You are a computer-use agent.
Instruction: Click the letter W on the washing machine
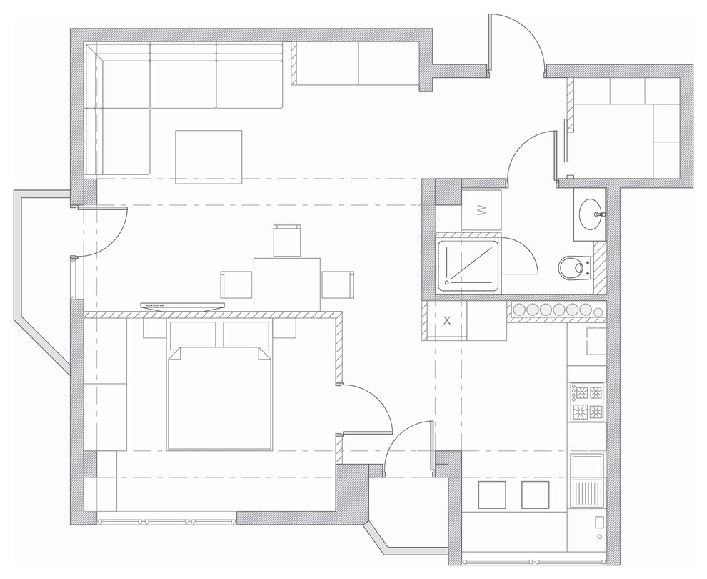pos(481,210)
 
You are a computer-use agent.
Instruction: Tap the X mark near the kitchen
pos(447,320)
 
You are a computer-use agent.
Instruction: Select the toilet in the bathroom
pos(575,267)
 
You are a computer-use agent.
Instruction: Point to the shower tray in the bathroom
pos(468,265)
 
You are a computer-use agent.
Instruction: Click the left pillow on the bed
pos(193,334)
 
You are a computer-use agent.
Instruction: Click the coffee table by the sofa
pos(209,157)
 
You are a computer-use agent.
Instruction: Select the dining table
pos(287,284)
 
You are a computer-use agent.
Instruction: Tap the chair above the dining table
pos(287,240)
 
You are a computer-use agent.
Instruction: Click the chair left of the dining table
pos(236,284)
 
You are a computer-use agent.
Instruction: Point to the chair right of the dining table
pos(338,284)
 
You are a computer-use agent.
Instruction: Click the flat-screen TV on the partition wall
pos(182,307)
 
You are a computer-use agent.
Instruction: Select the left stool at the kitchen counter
pos(491,495)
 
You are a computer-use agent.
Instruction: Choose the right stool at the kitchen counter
pos(535,495)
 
